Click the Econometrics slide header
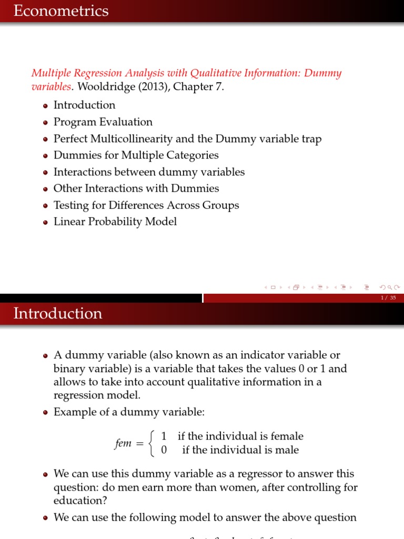[x=61, y=11]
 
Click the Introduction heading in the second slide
[x=58, y=313]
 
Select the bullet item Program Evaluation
[x=103, y=122]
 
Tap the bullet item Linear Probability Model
[x=115, y=222]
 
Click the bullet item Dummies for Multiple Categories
[x=136, y=155]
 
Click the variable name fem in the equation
[x=123, y=443]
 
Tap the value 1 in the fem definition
[x=164, y=436]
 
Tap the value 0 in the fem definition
[x=164, y=450]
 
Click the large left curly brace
[x=153, y=443]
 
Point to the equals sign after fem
[x=139, y=444]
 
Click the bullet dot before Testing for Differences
[x=46, y=206]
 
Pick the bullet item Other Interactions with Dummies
[x=136, y=188]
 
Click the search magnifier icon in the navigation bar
[x=389, y=287]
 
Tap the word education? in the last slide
[x=77, y=501]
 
